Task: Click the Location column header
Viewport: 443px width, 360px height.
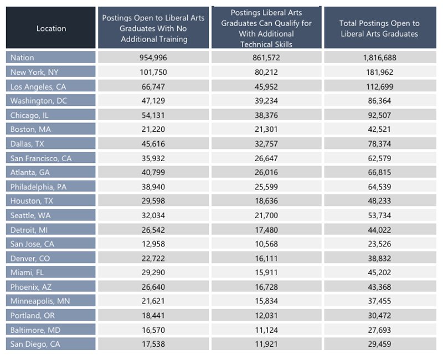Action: coord(51,28)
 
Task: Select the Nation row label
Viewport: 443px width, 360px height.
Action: coord(22,58)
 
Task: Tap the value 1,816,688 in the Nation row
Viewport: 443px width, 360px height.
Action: coord(379,58)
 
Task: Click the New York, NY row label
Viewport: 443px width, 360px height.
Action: coord(34,72)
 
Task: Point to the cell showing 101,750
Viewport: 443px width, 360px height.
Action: coord(153,72)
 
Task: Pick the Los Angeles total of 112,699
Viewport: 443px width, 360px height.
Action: coord(379,86)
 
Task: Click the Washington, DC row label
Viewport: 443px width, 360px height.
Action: coord(38,101)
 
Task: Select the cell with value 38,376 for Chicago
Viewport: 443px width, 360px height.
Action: coord(266,115)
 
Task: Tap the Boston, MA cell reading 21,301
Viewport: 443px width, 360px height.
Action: coord(266,130)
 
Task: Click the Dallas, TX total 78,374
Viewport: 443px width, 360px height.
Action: coord(379,144)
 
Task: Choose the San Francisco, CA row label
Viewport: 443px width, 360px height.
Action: coord(41,158)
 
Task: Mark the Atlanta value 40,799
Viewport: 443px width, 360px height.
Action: coord(153,172)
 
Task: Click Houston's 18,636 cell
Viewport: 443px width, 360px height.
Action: coord(266,201)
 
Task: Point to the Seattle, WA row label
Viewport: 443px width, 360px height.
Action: coord(30,215)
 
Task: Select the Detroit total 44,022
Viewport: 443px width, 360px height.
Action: coord(379,230)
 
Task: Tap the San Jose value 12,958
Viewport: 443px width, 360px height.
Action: coord(153,244)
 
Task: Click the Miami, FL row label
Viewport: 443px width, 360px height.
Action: coord(27,272)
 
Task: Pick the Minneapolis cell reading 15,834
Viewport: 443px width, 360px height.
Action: coord(266,301)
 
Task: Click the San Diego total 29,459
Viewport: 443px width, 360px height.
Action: coord(379,344)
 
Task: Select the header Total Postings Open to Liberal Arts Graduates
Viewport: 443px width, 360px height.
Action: coord(379,28)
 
